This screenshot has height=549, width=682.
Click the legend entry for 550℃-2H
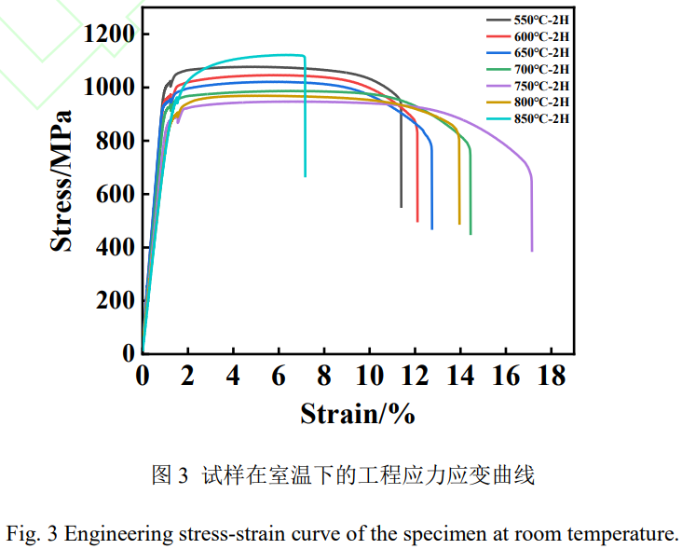coord(541,20)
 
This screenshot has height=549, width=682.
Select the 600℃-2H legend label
coord(541,36)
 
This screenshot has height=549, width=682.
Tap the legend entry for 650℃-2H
coord(541,52)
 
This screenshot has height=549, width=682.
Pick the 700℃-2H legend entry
coord(541,69)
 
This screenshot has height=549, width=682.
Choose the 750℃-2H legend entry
coord(541,85)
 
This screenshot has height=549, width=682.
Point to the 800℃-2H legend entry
coord(541,102)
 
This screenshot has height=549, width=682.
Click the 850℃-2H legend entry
coord(541,118)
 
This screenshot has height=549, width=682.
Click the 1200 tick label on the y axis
coord(109,34)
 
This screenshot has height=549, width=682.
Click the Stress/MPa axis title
coord(61,182)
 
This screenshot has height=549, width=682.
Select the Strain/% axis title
coord(357,413)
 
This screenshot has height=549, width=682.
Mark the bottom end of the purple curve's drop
coord(532,250)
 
